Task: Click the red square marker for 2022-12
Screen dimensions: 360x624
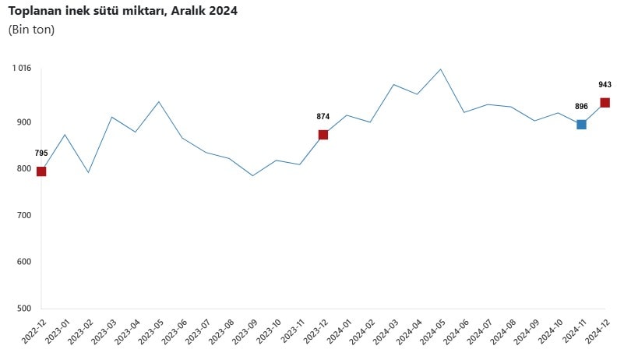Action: [x=41, y=171]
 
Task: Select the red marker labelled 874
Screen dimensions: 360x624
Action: [x=323, y=135]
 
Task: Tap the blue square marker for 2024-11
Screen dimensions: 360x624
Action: [x=581, y=125]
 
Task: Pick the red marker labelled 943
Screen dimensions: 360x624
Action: [x=605, y=103]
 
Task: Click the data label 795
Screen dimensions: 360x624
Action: [x=41, y=154]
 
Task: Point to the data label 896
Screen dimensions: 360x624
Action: [x=581, y=107]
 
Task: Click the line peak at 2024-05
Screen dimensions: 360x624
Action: [x=441, y=69]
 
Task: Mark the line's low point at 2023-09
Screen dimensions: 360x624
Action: [x=252, y=176]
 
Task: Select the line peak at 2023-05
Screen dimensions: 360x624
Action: [x=159, y=101]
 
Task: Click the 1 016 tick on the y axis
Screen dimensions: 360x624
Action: [x=21, y=69]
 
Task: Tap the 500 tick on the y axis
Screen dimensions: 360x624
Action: [x=23, y=309]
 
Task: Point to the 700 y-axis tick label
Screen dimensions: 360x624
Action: [x=23, y=215]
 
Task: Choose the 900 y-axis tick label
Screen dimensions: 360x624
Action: [x=23, y=122]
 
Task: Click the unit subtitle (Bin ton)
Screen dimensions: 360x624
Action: [x=31, y=30]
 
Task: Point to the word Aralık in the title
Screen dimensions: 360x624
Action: [x=191, y=11]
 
